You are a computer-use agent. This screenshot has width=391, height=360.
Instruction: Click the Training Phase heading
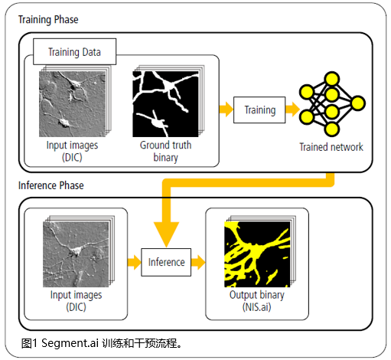(x=48, y=20)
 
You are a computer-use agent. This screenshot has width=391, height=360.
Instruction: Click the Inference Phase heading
(x=51, y=185)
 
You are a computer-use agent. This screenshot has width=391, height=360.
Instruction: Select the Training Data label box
(x=75, y=51)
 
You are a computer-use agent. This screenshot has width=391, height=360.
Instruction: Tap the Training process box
(x=259, y=110)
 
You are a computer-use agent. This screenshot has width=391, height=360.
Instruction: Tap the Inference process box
(x=166, y=262)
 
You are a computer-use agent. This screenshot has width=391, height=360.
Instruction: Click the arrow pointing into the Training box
(x=226, y=110)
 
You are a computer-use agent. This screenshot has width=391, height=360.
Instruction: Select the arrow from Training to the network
(x=292, y=110)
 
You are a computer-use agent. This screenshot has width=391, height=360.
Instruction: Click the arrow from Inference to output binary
(x=198, y=262)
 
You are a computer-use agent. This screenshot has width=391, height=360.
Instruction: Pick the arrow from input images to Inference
(x=135, y=262)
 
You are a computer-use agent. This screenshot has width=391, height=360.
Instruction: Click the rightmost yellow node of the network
(x=357, y=103)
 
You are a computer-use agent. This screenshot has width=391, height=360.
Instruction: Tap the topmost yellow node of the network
(x=331, y=79)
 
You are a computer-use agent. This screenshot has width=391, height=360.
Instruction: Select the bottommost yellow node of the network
(x=331, y=129)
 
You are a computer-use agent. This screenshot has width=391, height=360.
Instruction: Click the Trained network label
(x=331, y=147)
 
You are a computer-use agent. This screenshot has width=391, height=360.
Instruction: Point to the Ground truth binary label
(x=165, y=151)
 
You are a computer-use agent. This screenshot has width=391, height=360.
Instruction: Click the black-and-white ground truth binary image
(x=165, y=104)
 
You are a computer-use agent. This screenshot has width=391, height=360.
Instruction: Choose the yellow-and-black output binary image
(x=257, y=254)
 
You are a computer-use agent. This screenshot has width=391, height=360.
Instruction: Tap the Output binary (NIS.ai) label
(x=257, y=301)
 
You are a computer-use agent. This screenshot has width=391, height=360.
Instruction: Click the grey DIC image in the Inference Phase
(x=76, y=254)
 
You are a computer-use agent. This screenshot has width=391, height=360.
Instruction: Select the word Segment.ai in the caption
(x=70, y=343)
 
